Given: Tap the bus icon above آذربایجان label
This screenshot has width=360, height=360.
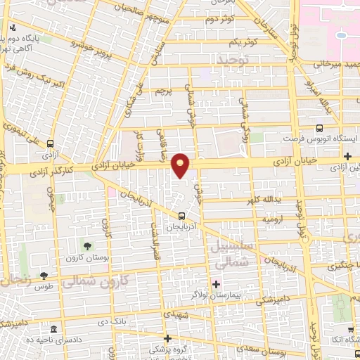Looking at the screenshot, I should pos(182,216).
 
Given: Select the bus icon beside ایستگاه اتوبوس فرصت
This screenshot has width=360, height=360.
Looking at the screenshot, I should pos(320,128).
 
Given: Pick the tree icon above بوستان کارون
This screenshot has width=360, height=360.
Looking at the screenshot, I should pos(88,246).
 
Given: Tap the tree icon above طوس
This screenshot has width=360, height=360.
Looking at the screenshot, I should pos(44,276).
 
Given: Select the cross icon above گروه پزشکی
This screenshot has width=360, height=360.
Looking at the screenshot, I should pos(167,338).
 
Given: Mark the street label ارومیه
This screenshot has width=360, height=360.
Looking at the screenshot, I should pos(257,219).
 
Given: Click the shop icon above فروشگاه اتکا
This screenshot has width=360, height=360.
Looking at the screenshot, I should pos(349,329).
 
